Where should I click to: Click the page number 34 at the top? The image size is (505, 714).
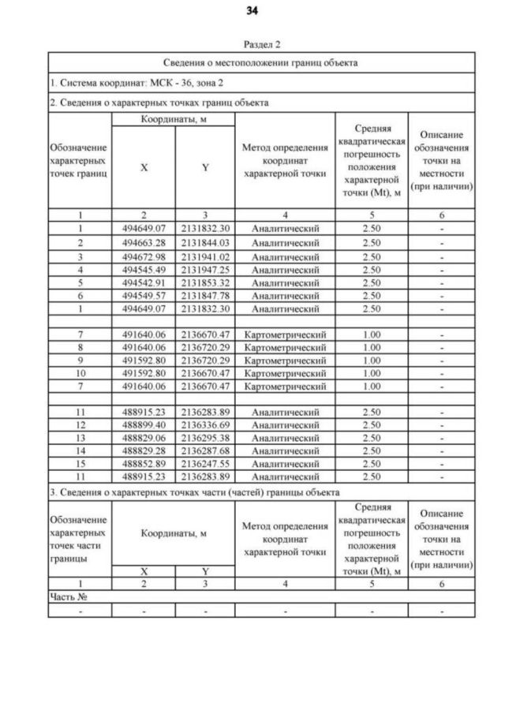[x=252, y=11]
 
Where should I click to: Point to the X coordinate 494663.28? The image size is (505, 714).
[x=144, y=243]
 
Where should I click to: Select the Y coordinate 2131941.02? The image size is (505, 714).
[x=204, y=256]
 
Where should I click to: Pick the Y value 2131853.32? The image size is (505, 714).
[x=204, y=282]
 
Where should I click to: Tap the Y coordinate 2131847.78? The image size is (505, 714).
[x=204, y=295]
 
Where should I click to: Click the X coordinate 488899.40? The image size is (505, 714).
[x=144, y=425]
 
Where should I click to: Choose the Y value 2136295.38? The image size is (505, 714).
[x=204, y=438]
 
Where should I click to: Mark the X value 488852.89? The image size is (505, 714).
[x=144, y=465]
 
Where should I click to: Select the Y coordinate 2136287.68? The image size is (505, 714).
[x=204, y=451]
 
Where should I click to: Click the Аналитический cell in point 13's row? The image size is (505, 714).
[x=283, y=438]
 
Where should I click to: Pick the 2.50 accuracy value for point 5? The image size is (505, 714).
[x=371, y=282]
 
